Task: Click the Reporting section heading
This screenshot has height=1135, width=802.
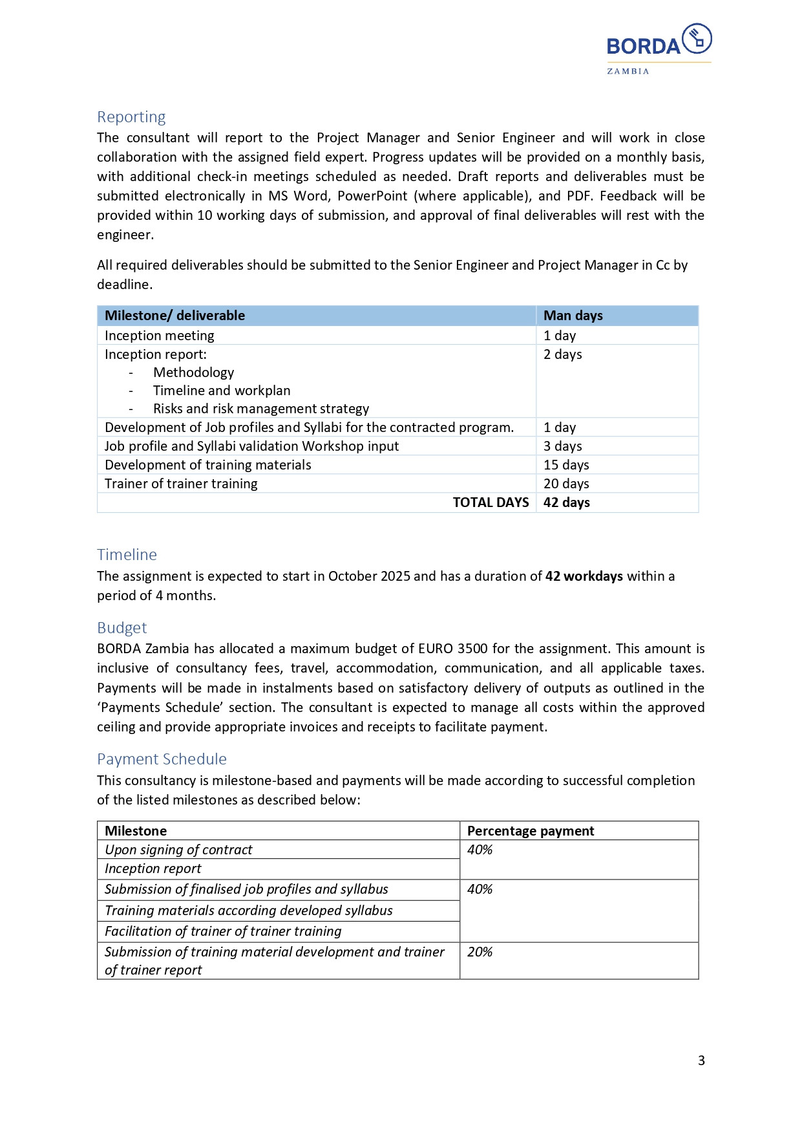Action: (131, 117)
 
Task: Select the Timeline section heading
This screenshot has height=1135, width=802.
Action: (127, 555)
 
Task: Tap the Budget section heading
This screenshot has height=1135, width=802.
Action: (121, 628)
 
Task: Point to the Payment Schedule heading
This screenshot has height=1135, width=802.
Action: (162, 759)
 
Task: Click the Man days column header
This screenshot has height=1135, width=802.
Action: (573, 316)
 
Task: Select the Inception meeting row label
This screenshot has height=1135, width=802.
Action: (159, 336)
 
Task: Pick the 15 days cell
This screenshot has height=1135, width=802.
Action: (566, 465)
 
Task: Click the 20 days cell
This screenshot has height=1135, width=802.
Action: (566, 484)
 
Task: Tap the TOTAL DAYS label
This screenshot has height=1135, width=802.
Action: (491, 503)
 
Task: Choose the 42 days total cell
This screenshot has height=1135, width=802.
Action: (566, 503)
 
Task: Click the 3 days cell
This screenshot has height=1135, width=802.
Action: (562, 446)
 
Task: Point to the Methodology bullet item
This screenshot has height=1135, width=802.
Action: (193, 373)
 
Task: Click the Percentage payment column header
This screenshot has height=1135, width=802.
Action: (530, 831)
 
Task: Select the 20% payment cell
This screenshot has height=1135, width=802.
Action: (480, 952)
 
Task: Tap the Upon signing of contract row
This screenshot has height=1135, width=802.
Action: (178, 850)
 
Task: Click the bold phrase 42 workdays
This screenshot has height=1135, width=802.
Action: (584, 576)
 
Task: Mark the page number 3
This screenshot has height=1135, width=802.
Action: (701, 1061)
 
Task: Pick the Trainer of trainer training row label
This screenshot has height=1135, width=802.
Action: (181, 484)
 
